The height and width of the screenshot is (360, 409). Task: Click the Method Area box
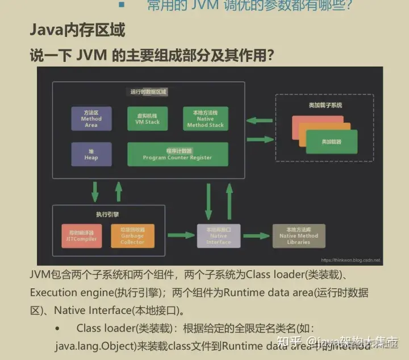[91, 119]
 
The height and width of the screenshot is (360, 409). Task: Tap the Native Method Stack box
[205, 119]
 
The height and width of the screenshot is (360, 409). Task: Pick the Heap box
[91, 154]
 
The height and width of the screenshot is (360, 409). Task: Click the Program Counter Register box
[177, 154]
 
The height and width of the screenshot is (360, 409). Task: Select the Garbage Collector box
[132, 235]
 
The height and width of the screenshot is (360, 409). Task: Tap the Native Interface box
[219, 235]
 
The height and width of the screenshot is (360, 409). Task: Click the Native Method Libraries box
[299, 235]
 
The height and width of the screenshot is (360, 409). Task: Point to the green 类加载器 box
[331, 142]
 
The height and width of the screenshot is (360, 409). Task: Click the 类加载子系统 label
[325, 105]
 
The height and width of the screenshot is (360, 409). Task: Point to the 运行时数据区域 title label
[148, 91]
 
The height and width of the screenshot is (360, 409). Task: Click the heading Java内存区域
[77, 30]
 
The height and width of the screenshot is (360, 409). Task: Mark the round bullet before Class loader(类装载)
[58, 329]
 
